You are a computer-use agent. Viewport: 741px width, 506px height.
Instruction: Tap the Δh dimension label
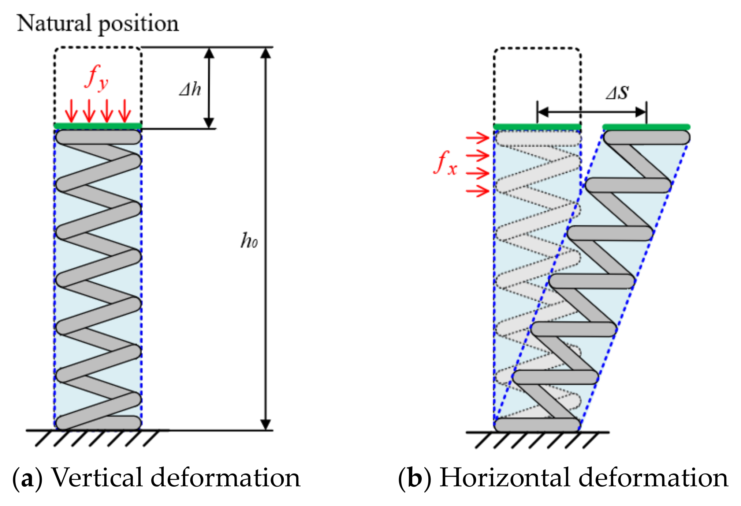(x=190, y=89)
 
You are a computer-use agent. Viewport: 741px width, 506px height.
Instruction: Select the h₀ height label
(x=249, y=241)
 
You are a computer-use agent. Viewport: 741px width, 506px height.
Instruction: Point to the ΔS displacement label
(x=618, y=92)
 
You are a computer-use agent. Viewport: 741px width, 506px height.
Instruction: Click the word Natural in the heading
(x=54, y=23)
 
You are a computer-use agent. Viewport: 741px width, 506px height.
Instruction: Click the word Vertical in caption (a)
(x=97, y=477)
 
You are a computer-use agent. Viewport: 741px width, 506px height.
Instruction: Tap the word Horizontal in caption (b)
(x=505, y=477)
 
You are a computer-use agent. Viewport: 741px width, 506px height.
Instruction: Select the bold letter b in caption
(x=414, y=478)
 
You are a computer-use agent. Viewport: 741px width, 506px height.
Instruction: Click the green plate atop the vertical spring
(x=98, y=126)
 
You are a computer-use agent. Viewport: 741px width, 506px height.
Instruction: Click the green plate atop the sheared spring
(x=646, y=127)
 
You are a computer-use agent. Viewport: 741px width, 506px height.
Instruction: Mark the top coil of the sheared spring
(x=646, y=137)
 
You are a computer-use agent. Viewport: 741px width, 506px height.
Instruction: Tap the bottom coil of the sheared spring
(x=537, y=425)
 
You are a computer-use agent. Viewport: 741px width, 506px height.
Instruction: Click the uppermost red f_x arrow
(x=477, y=138)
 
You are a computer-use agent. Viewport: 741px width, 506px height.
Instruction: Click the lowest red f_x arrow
(x=477, y=190)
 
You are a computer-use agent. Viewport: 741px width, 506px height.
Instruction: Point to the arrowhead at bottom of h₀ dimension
(x=266, y=424)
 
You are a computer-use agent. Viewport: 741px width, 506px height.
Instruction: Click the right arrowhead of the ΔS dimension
(x=641, y=112)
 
